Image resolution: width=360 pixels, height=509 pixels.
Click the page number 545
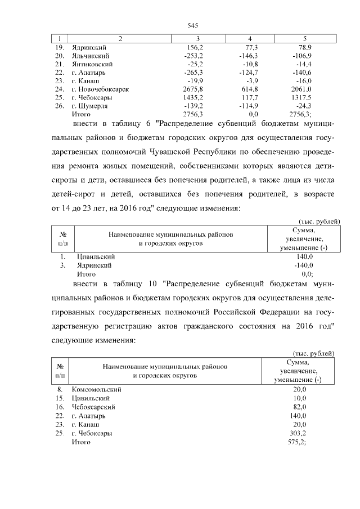point(193,26)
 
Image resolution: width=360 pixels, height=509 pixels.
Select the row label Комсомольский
point(97,389)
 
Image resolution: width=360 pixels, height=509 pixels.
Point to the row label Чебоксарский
point(94,407)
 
